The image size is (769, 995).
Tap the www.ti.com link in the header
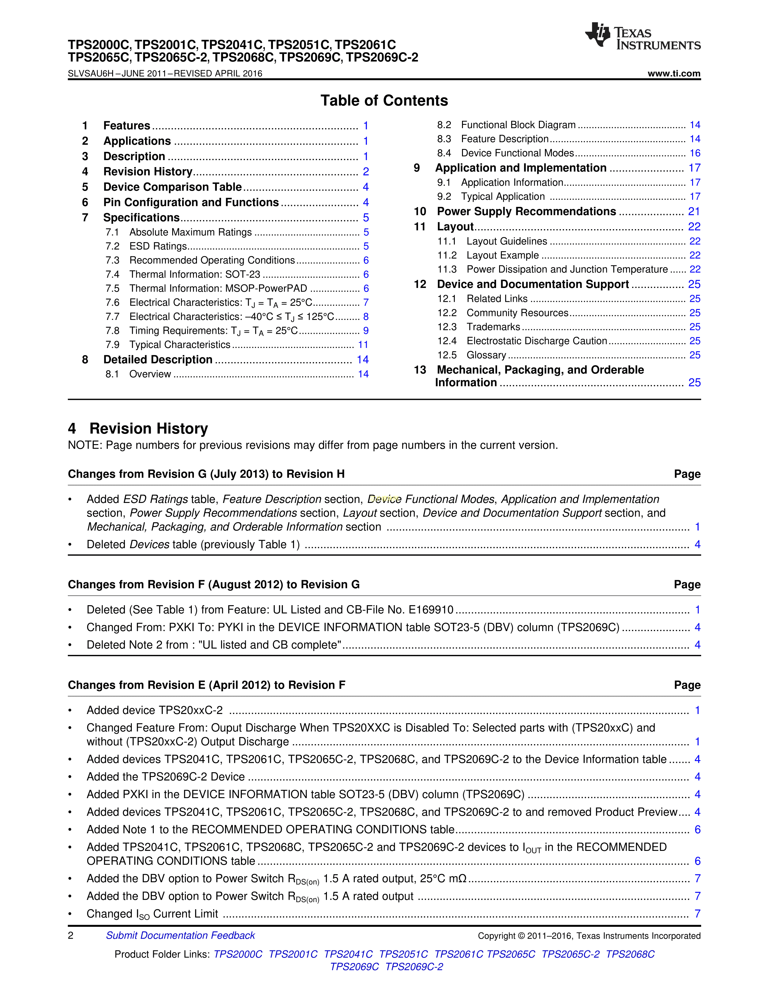tap(674, 73)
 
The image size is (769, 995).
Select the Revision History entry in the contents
tap(147, 172)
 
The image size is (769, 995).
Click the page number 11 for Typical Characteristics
tap(363, 345)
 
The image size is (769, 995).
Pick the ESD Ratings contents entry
tap(158, 246)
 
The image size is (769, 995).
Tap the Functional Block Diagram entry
tap(518, 125)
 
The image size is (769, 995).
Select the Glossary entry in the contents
tap(486, 355)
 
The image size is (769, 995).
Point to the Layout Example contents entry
tap(502, 256)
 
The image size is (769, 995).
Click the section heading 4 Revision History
tap(138, 429)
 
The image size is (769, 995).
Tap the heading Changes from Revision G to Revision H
tap(206, 474)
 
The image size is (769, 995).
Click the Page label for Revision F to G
tap(687, 585)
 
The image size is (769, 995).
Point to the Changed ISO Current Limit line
tap(152, 914)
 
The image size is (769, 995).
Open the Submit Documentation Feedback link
tap(180, 935)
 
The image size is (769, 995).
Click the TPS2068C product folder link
tap(630, 954)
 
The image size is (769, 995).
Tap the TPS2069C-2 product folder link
tap(414, 967)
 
